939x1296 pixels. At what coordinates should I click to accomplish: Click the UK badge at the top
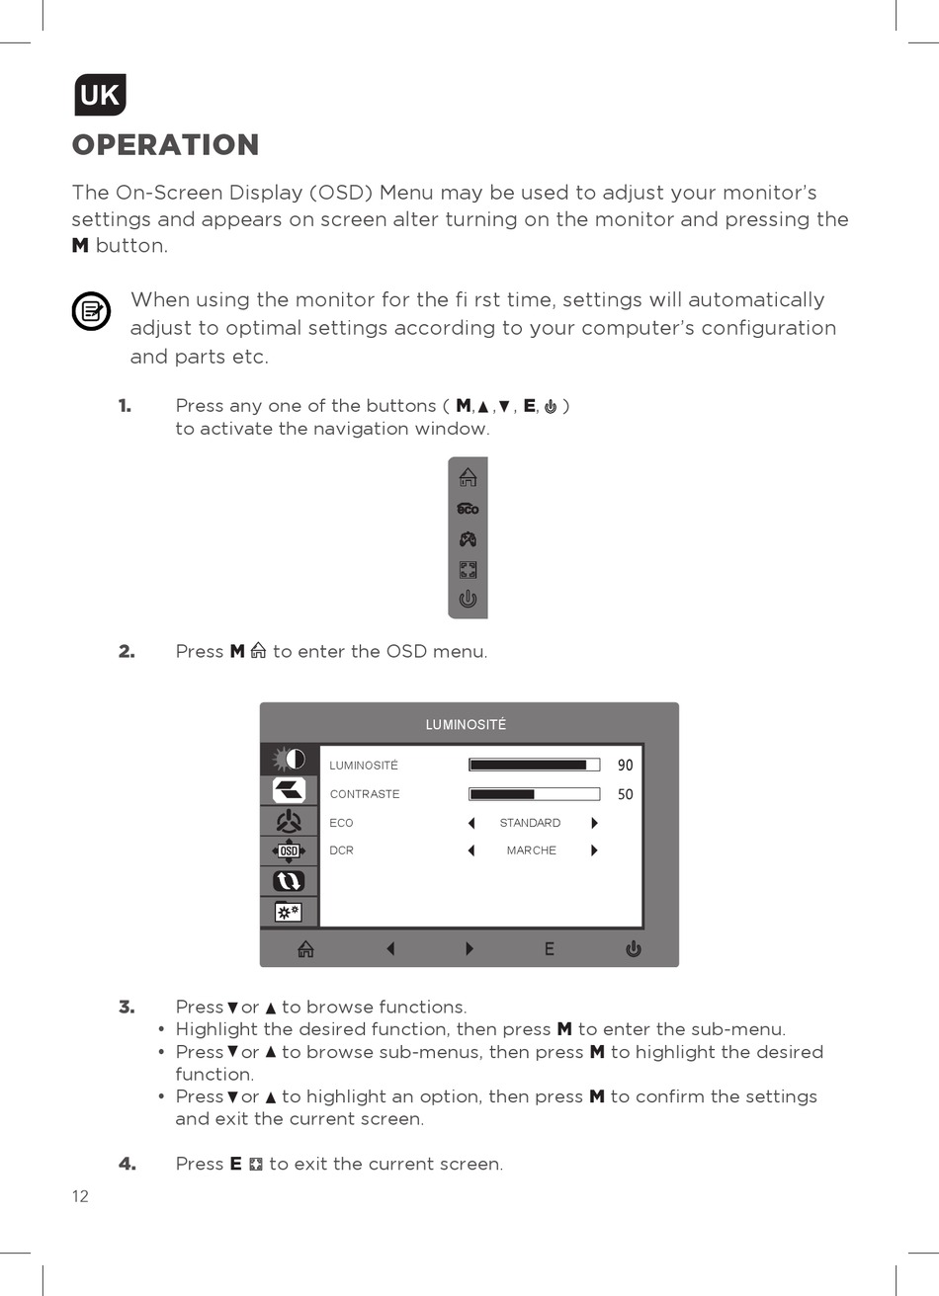tap(100, 95)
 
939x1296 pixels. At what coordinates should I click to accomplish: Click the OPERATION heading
tap(165, 145)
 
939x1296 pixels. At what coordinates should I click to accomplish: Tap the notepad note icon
tap(91, 312)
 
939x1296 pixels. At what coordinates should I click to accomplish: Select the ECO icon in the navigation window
tap(468, 509)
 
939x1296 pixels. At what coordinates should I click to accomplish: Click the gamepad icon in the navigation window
tap(468, 539)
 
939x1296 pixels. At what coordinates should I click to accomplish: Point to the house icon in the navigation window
tap(468, 477)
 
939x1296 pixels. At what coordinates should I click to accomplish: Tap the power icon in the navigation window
tap(468, 599)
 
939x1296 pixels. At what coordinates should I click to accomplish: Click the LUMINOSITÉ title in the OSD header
tap(466, 725)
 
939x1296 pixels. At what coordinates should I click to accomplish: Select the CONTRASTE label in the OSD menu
tap(365, 794)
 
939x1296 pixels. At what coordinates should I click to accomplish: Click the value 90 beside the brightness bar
tap(625, 766)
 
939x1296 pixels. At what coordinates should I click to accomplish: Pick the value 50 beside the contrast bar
tap(625, 794)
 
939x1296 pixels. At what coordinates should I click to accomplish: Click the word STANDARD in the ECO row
tap(530, 823)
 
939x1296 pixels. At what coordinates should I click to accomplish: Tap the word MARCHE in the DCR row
tap(531, 850)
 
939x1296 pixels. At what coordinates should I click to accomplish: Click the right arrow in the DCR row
tap(594, 850)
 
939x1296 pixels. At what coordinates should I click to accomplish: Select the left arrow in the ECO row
tap(471, 823)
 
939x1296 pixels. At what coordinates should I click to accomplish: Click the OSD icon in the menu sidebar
tap(289, 850)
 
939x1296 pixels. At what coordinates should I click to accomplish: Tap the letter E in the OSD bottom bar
tap(549, 949)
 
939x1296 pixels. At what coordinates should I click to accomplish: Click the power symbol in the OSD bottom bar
tap(633, 949)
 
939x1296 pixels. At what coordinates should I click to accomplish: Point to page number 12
tap(80, 1196)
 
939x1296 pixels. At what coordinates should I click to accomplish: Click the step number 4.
tap(128, 1164)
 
